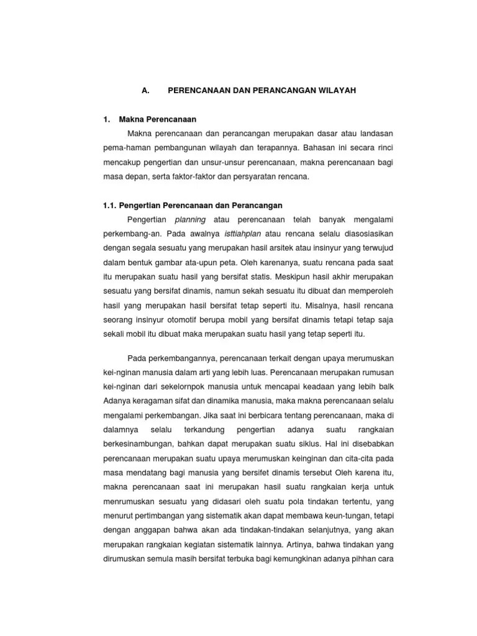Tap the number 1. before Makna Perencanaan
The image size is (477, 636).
(x=107, y=119)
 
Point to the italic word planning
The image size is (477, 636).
(x=191, y=219)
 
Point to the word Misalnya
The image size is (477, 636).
(x=325, y=305)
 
